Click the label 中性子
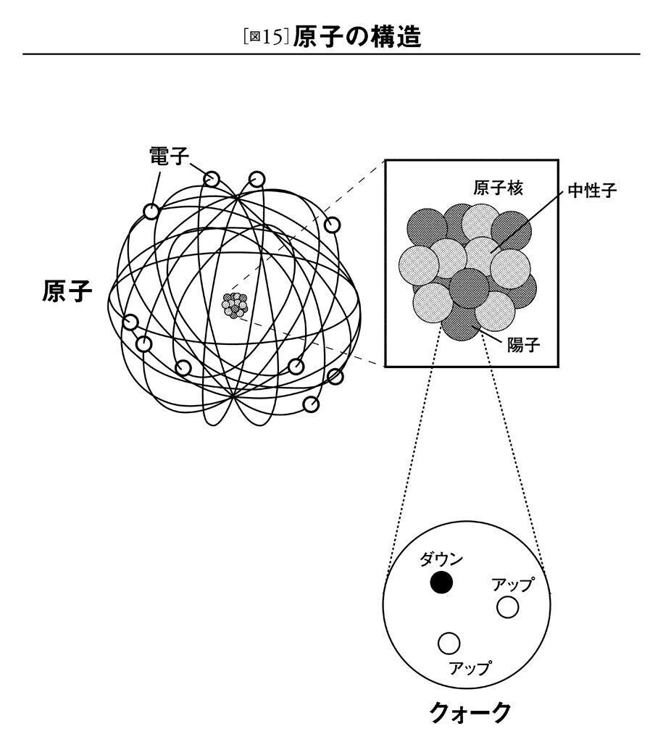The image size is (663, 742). point(592,192)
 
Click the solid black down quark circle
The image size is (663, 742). point(441,582)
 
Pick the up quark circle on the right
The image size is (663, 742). point(508,607)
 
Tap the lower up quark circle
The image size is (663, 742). point(450,641)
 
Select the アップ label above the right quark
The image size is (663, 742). point(512,584)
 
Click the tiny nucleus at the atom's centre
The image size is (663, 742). point(234,305)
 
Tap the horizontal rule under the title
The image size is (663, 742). point(331,54)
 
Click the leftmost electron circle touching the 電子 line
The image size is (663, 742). point(151,212)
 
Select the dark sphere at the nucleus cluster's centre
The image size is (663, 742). point(469,288)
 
